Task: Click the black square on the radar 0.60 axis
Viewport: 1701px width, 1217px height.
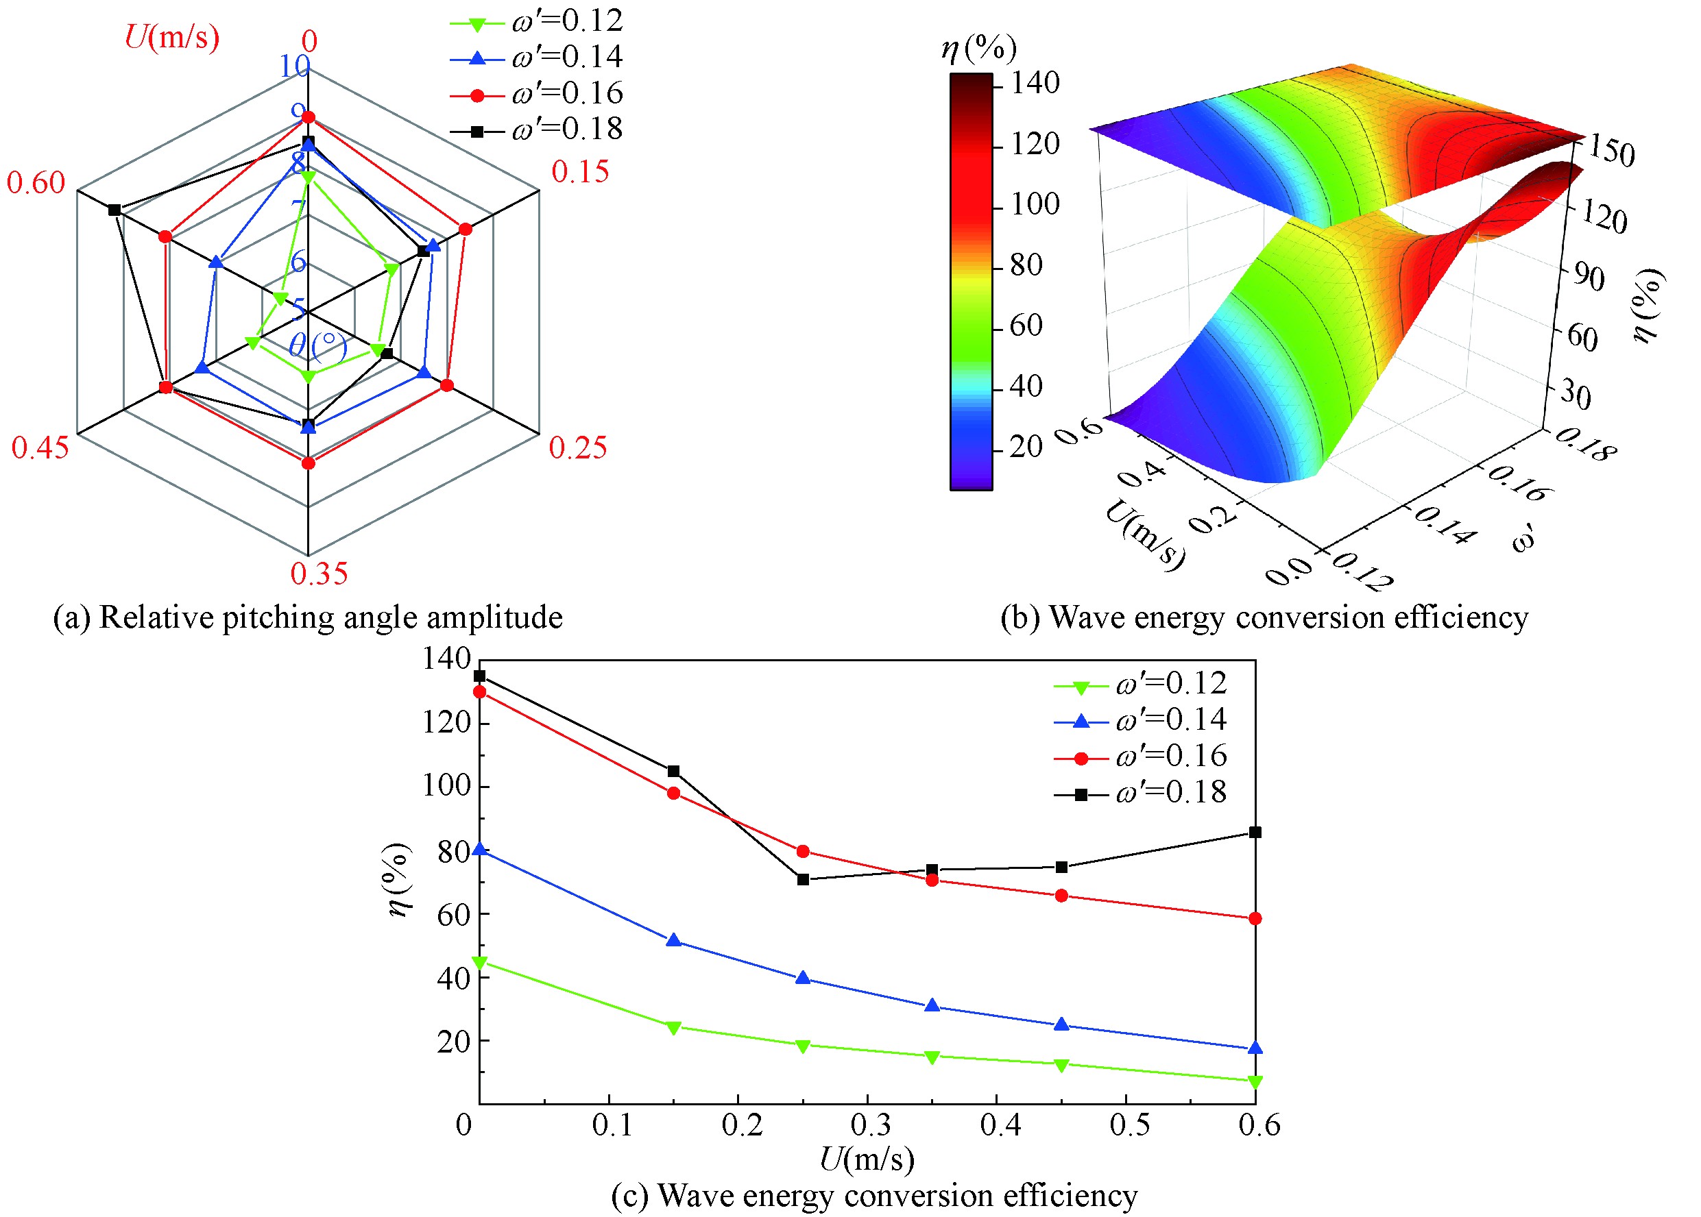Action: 114,210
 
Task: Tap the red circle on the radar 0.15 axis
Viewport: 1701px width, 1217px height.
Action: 466,230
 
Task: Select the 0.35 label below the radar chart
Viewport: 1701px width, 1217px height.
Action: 319,574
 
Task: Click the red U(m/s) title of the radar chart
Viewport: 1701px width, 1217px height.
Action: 171,36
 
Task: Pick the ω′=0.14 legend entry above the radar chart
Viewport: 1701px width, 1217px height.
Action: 536,57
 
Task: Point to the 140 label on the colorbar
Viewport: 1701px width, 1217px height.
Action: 1035,82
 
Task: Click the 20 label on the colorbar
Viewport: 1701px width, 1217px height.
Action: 1026,447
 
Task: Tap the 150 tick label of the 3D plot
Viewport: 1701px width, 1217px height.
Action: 1612,151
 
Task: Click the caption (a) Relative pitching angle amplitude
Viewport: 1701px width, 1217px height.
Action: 308,617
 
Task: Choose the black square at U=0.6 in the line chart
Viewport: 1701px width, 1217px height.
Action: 1255,832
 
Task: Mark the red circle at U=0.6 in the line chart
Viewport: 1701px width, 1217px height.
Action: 1255,918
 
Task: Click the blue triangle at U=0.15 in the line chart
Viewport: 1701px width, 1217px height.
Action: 673,940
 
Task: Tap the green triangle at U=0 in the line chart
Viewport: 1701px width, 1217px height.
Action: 480,963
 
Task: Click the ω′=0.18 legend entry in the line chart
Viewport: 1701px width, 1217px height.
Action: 1140,792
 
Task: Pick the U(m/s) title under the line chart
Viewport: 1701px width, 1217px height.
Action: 867,1159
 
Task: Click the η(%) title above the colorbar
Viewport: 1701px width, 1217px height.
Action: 978,49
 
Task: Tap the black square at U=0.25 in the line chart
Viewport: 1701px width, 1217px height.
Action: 803,879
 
